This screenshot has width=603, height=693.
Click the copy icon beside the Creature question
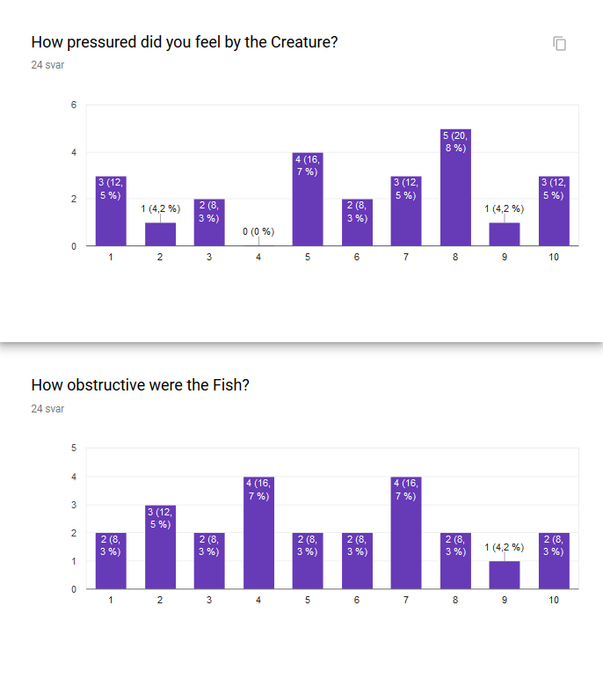pyautogui.click(x=559, y=43)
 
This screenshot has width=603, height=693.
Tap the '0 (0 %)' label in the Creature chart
pyautogui.click(x=258, y=232)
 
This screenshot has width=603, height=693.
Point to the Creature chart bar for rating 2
pyautogui.click(x=160, y=234)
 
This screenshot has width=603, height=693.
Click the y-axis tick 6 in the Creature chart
pyautogui.click(x=74, y=106)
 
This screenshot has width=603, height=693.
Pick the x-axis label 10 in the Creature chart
pyautogui.click(x=554, y=258)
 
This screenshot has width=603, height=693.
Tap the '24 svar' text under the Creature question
pyautogui.click(x=47, y=64)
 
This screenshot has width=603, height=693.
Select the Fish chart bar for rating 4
pyautogui.click(x=258, y=533)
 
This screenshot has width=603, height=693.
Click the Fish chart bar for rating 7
pyautogui.click(x=406, y=533)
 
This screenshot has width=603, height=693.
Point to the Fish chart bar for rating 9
pyautogui.click(x=505, y=574)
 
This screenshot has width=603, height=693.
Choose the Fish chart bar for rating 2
pyautogui.click(x=160, y=547)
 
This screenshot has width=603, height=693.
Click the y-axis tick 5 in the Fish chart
pyautogui.click(x=74, y=449)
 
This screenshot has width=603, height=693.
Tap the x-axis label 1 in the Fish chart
pyautogui.click(x=111, y=600)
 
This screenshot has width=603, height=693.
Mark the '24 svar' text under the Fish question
pyautogui.click(x=47, y=408)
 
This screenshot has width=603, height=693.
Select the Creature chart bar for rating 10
pyautogui.click(x=554, y=211)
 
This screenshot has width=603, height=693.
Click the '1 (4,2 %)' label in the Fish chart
pyautogui.click(x=505, y=547)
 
